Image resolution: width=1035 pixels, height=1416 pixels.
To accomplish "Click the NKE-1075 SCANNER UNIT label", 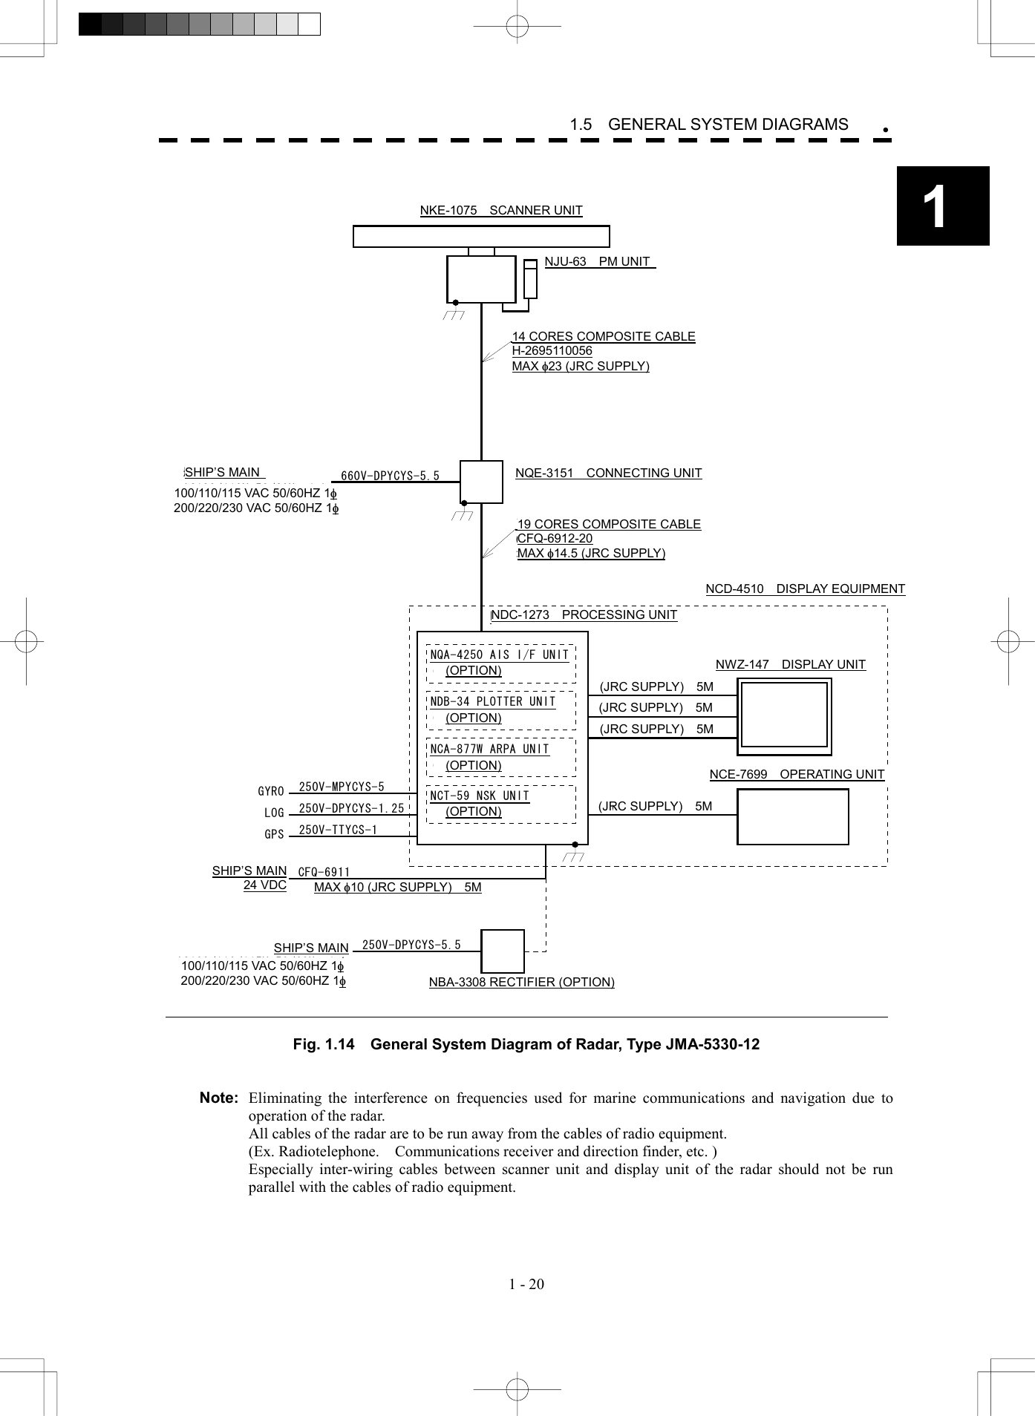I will (x=501, y=211).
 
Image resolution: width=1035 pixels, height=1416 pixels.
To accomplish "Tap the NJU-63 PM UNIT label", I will (x=598, y=262).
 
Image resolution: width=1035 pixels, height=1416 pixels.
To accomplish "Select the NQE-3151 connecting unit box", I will (x=481, y=482).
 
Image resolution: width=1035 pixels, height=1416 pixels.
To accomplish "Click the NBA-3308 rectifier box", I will (x=503, y=951).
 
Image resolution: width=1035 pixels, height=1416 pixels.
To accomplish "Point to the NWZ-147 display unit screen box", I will (x=784, y=715).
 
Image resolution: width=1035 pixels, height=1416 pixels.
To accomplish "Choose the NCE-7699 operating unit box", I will (x=792, y=816).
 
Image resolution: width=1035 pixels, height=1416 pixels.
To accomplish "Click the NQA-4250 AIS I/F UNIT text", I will (x=499, y=655).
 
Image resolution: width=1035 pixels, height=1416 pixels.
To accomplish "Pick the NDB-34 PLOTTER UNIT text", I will (x=492, y=702).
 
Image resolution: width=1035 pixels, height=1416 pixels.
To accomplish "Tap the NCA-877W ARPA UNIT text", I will (x=489, y=750).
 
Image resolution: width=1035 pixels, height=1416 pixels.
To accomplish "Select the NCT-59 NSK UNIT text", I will (x=480, y=796).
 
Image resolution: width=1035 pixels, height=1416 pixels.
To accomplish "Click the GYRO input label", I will (x=271, y=791).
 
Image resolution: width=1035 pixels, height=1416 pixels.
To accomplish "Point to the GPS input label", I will (x=274, y=834).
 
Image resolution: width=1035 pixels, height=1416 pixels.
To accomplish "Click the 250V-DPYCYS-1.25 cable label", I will (x=351, y=808).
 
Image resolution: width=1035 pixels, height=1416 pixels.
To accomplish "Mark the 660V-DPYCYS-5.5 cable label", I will (x=390, y=476).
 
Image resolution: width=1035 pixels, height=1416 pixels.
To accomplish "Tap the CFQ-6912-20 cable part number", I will (x=555, y=539).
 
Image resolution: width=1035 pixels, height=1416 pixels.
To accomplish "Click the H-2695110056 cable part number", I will (x=552, y=351).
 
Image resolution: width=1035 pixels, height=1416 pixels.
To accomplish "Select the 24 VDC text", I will (x=264, y=885).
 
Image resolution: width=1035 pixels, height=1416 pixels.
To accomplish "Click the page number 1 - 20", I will (x=526, y=1284).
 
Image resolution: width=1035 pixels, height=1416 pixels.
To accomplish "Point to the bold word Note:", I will (x=219, y=1098).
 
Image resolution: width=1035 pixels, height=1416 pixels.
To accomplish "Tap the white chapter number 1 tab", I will (x=935, y=206).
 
